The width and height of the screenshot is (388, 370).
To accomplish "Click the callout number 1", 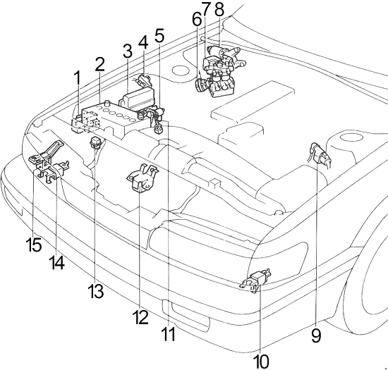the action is pos(78,78).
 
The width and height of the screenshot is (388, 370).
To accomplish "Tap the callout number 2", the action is pos(99,65).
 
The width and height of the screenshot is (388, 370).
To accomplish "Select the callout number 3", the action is pos(127,51).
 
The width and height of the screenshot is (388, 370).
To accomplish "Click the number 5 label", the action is pos(159,35).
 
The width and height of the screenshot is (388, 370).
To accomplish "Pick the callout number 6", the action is pos(197,19).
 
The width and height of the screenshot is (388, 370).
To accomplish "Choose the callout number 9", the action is pos(316,335).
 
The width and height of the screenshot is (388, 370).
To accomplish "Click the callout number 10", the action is pos(261,361).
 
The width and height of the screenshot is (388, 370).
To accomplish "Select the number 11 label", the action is pos(169,333).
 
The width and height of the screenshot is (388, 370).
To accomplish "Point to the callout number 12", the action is pos(140,316).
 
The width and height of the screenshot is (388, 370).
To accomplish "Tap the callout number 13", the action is pos(95,291).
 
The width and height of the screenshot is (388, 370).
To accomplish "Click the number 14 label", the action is pos(56,262).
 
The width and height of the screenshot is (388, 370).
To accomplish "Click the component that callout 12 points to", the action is pos(142,178).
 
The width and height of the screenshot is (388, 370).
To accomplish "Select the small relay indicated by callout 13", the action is pos(95,142).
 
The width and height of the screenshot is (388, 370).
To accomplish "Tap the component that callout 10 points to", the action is pos(255,280).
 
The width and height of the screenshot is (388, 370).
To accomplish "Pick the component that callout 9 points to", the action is pos(320,156).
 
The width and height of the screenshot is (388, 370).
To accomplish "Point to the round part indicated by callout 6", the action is pos(200,85).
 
